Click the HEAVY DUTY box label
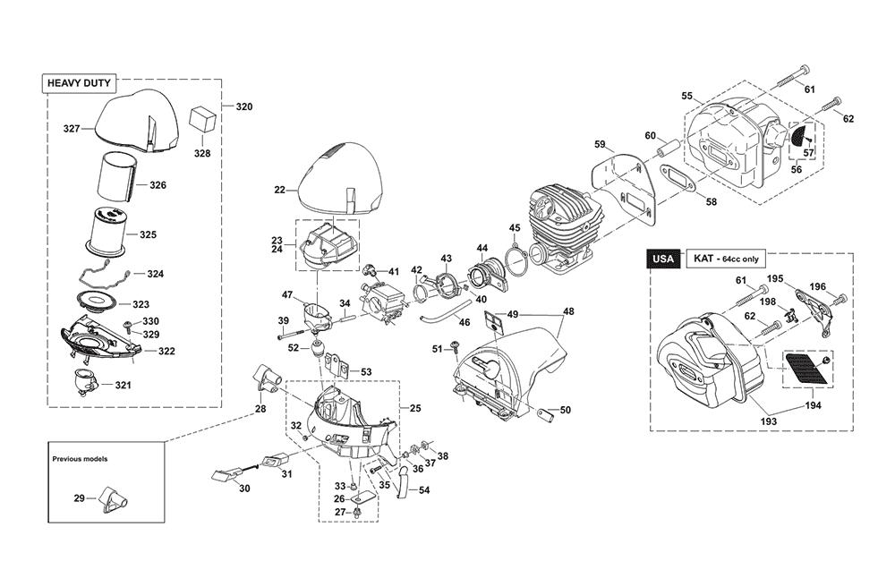click(79, 83)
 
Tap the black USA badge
click(662, 259)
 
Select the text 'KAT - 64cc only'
click(725, 259)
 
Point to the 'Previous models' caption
click(80, 458)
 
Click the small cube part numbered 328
click(204, 119)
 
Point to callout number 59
click(600, 144)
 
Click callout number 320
click(243, 106)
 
